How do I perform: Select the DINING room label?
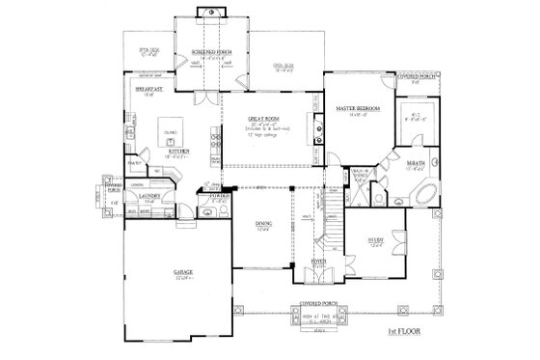coord(263,224)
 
